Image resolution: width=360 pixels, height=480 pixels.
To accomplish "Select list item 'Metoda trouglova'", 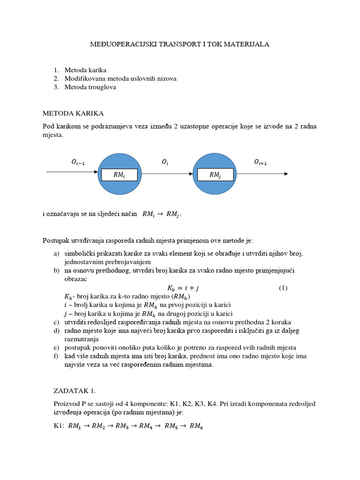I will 90,87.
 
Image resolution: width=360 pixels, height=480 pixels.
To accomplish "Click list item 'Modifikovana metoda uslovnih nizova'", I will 120,79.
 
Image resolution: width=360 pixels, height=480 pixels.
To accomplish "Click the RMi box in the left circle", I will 120,174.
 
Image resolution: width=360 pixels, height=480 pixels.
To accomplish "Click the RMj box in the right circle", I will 215,174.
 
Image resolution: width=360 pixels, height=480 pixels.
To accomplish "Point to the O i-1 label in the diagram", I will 78,162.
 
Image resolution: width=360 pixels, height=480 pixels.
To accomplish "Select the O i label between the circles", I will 165,162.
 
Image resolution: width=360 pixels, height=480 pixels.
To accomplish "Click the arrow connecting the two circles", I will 167,174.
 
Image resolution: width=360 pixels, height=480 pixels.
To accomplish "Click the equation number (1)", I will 283,288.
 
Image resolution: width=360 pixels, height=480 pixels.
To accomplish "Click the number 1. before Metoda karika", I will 56,70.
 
